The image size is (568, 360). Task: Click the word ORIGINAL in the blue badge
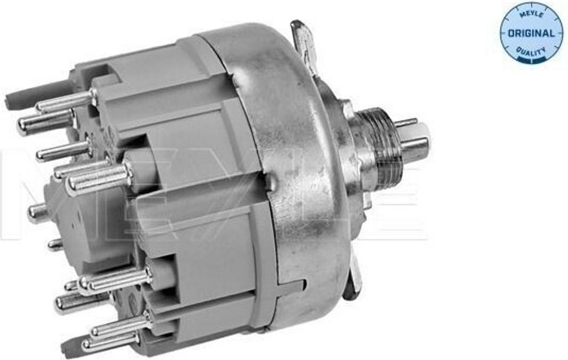(531, 33)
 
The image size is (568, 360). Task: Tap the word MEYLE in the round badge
(531, 14)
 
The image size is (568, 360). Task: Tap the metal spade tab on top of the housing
(305, 45)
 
